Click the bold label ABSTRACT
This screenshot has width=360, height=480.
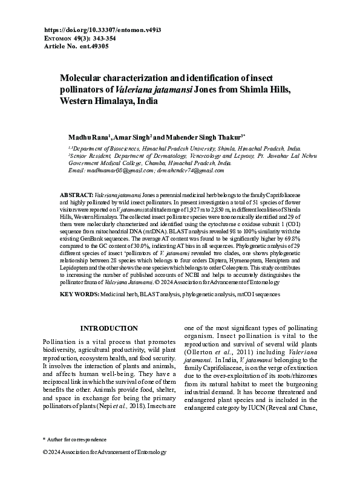pos(77,195)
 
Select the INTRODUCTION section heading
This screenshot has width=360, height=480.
pos(109,328)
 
